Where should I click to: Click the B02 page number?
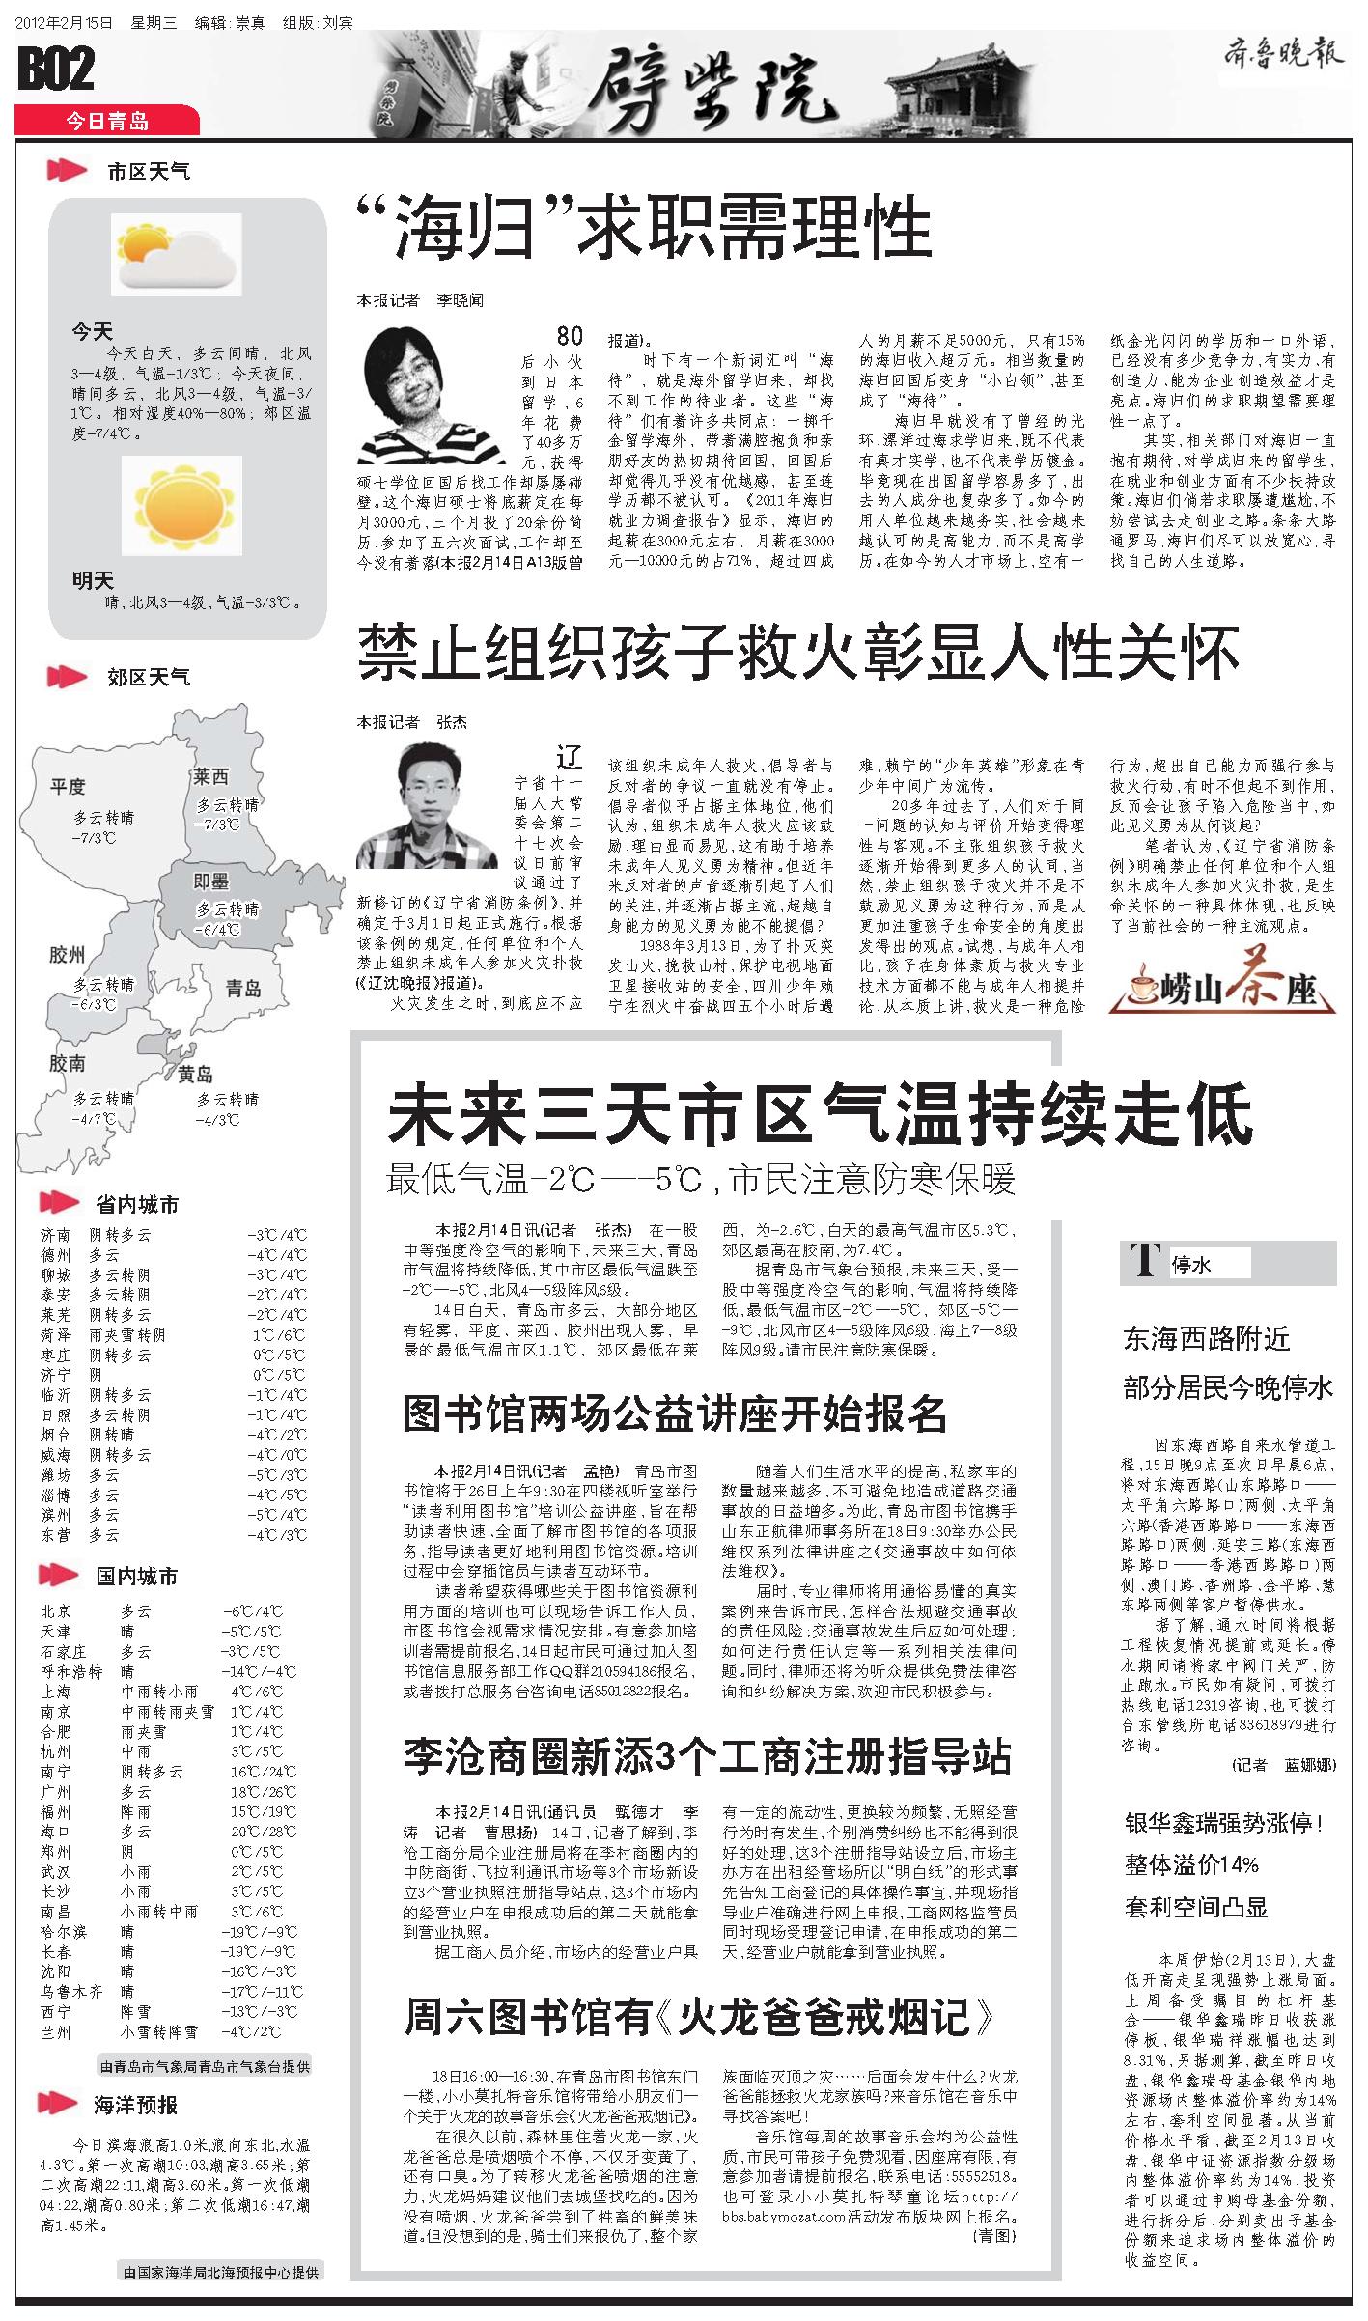point(56,70)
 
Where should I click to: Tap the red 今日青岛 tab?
point(106,122)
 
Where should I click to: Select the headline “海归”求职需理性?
point(644,228)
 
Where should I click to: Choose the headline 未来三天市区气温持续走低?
point(820,1113)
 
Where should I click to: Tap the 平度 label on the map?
point(68,786)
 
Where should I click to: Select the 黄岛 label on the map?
point(195,1074)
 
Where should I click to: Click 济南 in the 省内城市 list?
point(55,1234)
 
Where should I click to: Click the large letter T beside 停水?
point(1145,1262)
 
